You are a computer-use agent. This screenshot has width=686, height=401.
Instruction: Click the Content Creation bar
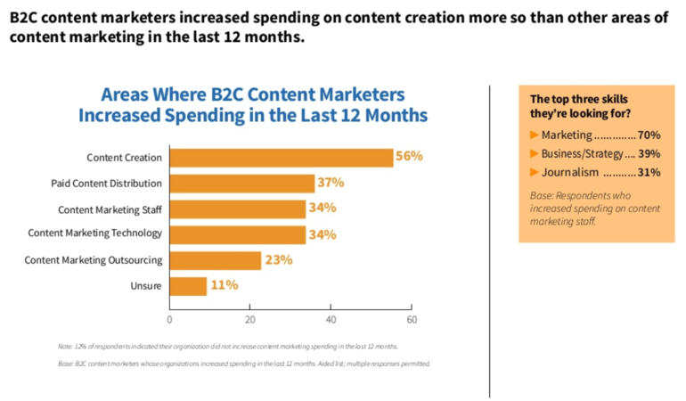click(281, 158)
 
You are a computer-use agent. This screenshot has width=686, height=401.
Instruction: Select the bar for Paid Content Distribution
click(241, 184)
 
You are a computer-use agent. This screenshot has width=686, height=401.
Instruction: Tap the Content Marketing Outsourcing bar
click(215, 260)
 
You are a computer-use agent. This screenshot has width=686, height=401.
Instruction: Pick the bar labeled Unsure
click(188, 286)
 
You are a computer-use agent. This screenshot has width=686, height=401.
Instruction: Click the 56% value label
click(410, 156)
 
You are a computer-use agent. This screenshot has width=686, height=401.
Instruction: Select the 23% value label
click(278, 260)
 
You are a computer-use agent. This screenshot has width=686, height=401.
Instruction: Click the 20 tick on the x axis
click(250, 318)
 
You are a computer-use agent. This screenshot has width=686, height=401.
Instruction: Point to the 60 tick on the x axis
click(412, 318)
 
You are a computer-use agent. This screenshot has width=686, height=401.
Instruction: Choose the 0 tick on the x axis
click(169, 318)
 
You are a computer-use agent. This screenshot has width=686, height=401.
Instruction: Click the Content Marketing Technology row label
click(95, 233)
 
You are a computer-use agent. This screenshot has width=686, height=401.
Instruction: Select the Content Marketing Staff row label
click(110, 209)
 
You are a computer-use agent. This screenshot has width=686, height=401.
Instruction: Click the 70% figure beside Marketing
click(649, 135)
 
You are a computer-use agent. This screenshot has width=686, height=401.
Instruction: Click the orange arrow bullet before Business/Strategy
click(535, 153)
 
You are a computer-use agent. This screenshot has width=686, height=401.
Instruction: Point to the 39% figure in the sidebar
click(649, 153)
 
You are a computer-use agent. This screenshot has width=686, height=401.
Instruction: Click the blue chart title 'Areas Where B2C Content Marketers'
click(253, 95)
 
